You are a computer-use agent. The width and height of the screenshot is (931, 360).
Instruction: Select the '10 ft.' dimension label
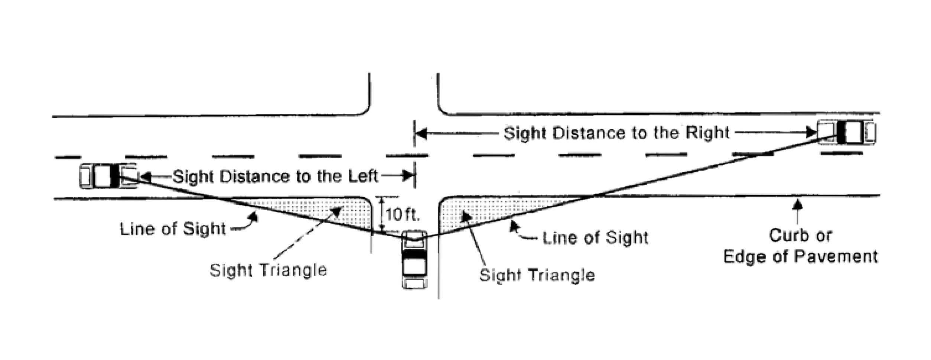402,215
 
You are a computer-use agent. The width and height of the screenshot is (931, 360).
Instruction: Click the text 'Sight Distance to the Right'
616,133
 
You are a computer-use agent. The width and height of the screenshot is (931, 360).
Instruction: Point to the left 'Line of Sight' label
173,229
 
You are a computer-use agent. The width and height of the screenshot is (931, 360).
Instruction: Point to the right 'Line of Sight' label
595,238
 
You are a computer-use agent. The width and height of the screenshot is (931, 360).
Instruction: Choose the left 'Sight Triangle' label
268,270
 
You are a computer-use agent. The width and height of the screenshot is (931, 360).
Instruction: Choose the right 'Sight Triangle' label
537,275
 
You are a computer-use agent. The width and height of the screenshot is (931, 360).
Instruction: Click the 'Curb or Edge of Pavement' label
800,246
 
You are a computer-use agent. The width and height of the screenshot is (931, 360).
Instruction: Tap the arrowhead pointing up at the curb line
797,204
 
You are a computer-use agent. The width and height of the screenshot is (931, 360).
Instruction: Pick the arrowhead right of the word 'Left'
408,176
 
